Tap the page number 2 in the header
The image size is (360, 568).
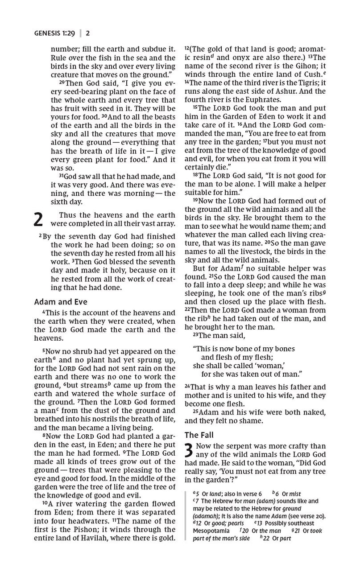[x=88, y=33]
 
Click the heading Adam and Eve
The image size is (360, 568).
[x=61, y=302]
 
